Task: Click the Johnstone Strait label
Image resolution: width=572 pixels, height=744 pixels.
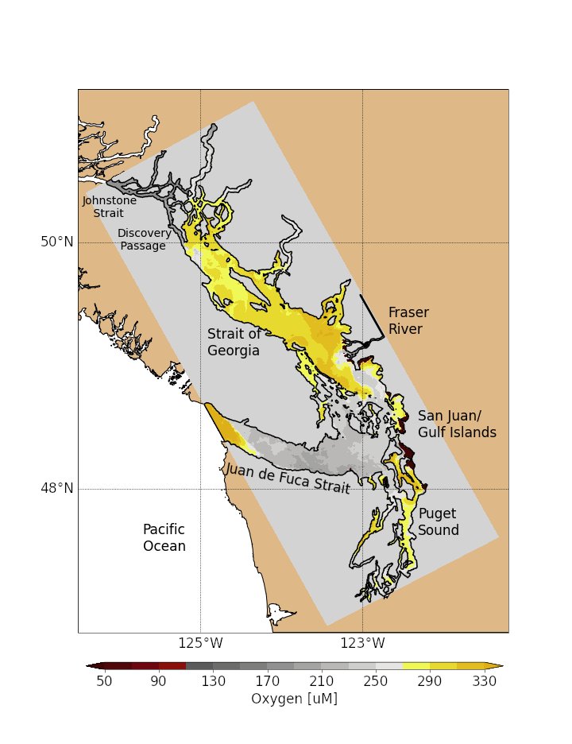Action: click(x=109, y=207)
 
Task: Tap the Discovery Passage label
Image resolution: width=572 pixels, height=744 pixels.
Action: click(x=144, y=239)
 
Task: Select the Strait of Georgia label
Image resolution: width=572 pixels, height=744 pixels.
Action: click(x=234, y=342)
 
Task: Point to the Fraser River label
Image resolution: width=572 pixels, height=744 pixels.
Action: click(x=405, y=320)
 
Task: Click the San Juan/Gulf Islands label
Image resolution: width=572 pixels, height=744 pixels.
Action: click(x=457, y=424)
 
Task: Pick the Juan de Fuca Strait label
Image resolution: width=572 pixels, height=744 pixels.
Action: click(x=288, y=479)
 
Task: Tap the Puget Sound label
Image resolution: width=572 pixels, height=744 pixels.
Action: click(x=439, y=521)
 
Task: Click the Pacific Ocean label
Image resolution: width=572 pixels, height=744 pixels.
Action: click(x=164, y=537)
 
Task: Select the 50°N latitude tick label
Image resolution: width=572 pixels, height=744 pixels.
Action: click(x=56, y=242)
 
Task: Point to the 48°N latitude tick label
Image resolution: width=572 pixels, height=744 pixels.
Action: click(x=56, y=488)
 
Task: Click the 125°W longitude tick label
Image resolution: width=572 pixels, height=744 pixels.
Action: click(x=200, y=642)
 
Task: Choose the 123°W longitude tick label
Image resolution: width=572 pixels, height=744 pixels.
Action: click(x=362, y=642)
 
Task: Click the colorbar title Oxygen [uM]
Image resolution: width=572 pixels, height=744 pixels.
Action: click(x=294, y=699)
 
